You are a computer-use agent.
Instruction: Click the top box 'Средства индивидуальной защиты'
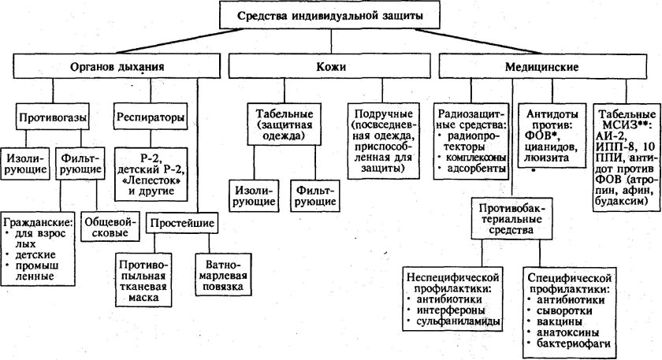point(329,16)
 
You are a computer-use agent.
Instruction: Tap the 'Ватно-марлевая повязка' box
point(226,276)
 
